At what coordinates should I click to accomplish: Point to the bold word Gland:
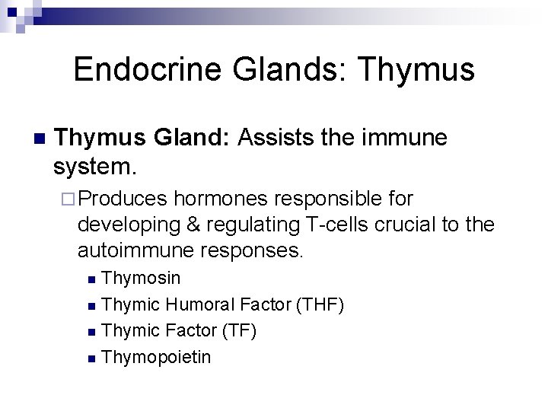(194, 138)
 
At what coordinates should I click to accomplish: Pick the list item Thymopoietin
(156, 356)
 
